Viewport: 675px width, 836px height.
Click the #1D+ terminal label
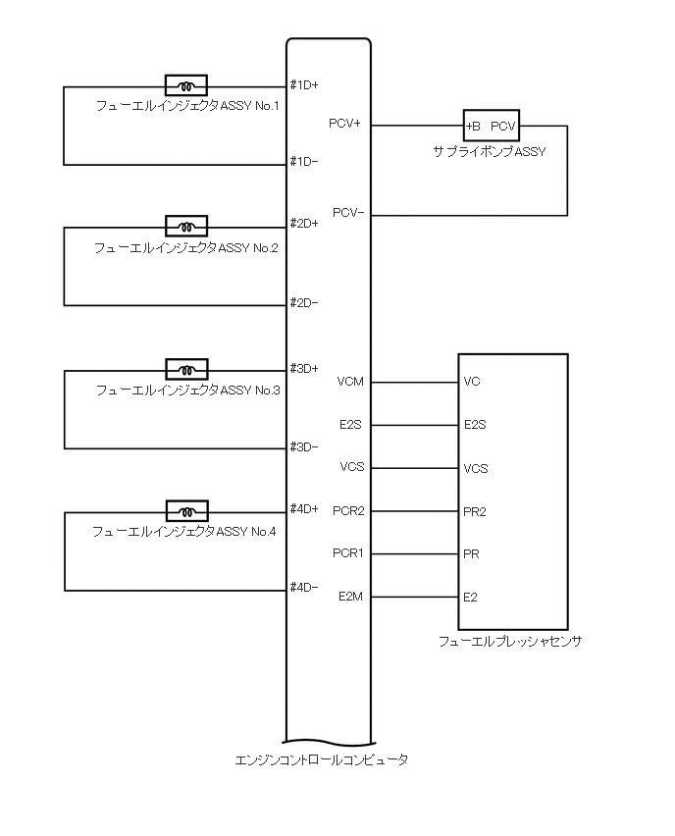click(x=304, y=85)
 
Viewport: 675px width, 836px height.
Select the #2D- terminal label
click(x=304, y=303)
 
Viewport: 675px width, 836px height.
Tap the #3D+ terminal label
click(x=304, y=369)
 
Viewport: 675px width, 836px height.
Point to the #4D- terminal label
click(x=304, y=588)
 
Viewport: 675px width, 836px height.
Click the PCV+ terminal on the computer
click(x=345, y=125)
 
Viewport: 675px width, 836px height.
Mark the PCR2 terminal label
click(x=348, y=511)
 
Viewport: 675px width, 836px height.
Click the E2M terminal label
click(x=350, y=597)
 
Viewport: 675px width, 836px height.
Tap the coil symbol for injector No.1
click(x=185, y=84)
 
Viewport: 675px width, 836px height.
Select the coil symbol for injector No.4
click(x=185, y=511)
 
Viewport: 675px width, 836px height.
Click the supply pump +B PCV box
click(x=491, y=126)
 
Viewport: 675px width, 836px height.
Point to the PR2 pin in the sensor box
click(x=476, y=511)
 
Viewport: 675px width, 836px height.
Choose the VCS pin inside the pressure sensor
click(x=476, y=468)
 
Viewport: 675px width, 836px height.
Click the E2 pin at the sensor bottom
click(x=471, y=597)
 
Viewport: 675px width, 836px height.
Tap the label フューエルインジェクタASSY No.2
click(x=185, y=248)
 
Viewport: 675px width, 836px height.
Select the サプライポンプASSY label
click(x=490, y=152)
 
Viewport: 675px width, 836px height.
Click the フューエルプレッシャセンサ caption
click(x=510, y=642)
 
